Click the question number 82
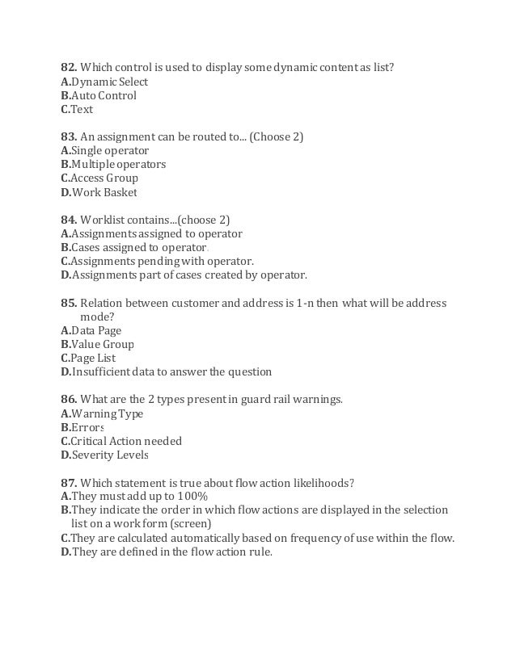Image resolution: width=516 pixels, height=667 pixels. (69, 67)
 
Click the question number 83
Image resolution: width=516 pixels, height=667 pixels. (69, 136)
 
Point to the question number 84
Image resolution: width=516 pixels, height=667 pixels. (69, 220)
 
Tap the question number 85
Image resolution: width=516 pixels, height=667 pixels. (69, 303)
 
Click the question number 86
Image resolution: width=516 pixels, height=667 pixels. (69, 399)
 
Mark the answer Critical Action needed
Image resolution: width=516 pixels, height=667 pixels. (125, 441)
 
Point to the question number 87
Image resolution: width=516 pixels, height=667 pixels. (69, 483)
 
